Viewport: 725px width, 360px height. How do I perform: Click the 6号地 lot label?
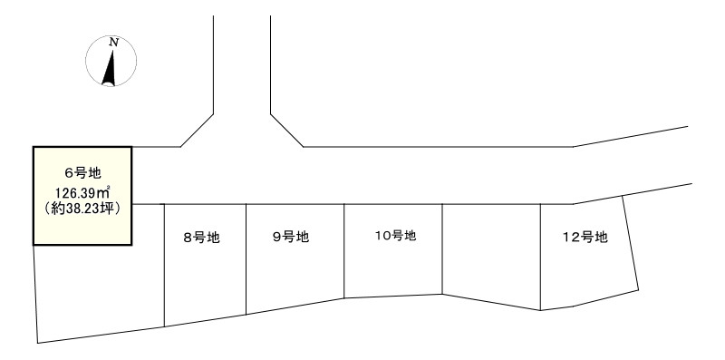coord(82,173)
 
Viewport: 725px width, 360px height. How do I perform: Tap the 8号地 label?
coord(202,238)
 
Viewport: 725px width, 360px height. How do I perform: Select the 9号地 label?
coord(291,238)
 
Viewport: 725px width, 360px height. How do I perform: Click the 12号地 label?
coord(585,238)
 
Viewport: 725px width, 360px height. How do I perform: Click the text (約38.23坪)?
coord(82,208)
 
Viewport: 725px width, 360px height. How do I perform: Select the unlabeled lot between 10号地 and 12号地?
coord(491,254)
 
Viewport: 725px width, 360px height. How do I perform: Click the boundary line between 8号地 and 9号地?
coord(246,258)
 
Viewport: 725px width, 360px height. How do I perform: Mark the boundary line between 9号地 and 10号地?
coord(344,249)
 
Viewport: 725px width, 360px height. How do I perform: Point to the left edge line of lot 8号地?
coord(164,263)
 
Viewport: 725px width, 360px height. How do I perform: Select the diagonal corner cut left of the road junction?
coord(198,130)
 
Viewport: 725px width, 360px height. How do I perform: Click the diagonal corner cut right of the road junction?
coord(285,130)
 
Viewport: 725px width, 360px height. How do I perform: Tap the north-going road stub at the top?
coord(242,54)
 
